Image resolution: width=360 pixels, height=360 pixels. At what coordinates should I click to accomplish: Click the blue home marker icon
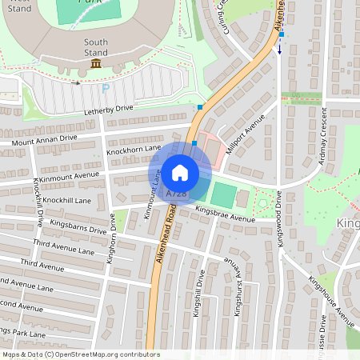coord(180,173)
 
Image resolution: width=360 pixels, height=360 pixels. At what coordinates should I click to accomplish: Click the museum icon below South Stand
coord(96,63)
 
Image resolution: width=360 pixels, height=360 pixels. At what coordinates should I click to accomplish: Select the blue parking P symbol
coord(106,88)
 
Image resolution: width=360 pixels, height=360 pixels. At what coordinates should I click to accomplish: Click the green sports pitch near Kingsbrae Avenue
coord(224,194)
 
